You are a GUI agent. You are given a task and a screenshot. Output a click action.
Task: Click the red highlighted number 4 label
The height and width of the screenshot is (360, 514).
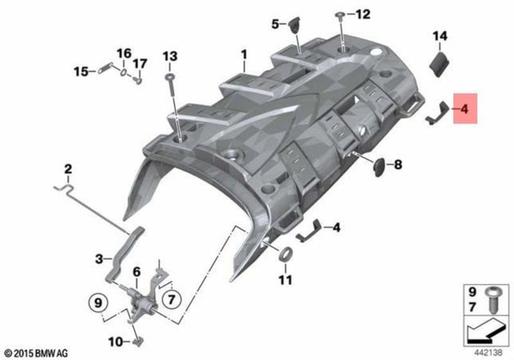coord(465,109)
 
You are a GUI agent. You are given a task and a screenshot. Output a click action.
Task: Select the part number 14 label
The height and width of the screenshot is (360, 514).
coord(440,36)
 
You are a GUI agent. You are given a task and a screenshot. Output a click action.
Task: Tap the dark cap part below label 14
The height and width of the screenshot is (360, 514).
coord(440,64)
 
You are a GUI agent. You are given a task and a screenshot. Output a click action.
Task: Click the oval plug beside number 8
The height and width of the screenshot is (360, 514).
coord(380,167)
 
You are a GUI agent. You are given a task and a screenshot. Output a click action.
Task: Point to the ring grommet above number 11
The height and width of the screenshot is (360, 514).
coord(285,254)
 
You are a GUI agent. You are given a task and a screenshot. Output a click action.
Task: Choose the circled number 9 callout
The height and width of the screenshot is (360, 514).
coord(99,302)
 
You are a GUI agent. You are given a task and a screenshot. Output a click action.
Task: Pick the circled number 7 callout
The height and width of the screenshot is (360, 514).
coord(171,298)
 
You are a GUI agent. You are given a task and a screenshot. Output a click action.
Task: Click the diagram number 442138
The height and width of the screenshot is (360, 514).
coord(488,352)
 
